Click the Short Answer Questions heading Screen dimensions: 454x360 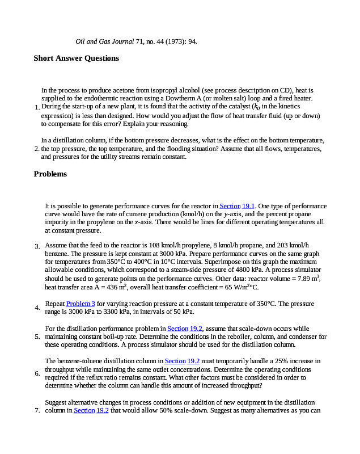77,58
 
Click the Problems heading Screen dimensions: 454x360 50,174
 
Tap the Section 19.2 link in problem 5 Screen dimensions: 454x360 185,329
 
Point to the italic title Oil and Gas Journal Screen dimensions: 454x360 105,41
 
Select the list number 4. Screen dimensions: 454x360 37,308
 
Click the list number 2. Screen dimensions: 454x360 37,149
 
